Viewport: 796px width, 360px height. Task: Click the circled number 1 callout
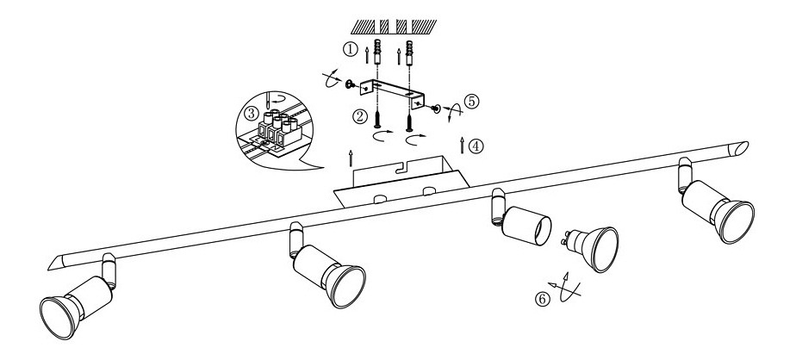pyautogui.click(x=350, y=49)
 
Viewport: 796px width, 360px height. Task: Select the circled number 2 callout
pyautogui.click(x=360, y=117)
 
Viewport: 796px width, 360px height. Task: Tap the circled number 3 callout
pyautogui.click(x=252, y=114)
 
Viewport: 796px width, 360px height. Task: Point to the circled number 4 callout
pyautogui.click(x=476, y=146)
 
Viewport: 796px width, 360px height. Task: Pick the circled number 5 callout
pyautogui.click(x=471, y=101)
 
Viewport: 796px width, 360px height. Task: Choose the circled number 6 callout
pyautogui.click(x=542, y=300)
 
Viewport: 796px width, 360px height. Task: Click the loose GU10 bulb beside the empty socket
pyautogui.click(x=592, y=247)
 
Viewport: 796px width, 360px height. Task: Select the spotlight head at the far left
pyautogui.click(x=76, y=300)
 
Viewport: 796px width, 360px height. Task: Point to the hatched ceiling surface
pyautogui.click(x=394, y=27)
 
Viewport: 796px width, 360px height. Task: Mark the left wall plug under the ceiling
pyautogui.click(x=377, y=52)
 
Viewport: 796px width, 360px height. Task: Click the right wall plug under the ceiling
pyautogui.click(x=410, y=52)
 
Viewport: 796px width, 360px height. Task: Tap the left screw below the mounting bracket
pyautogui.click(x=377, y=119)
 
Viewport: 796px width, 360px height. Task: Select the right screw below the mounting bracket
pyautogui.click(x=409, y=119)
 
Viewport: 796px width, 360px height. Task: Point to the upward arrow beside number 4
pyautogui.click(x=462, y=145)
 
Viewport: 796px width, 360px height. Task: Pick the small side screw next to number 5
pyautogui.click(x=435, y=109)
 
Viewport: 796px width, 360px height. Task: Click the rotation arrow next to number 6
pyautogui.click(x=564, y=288)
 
